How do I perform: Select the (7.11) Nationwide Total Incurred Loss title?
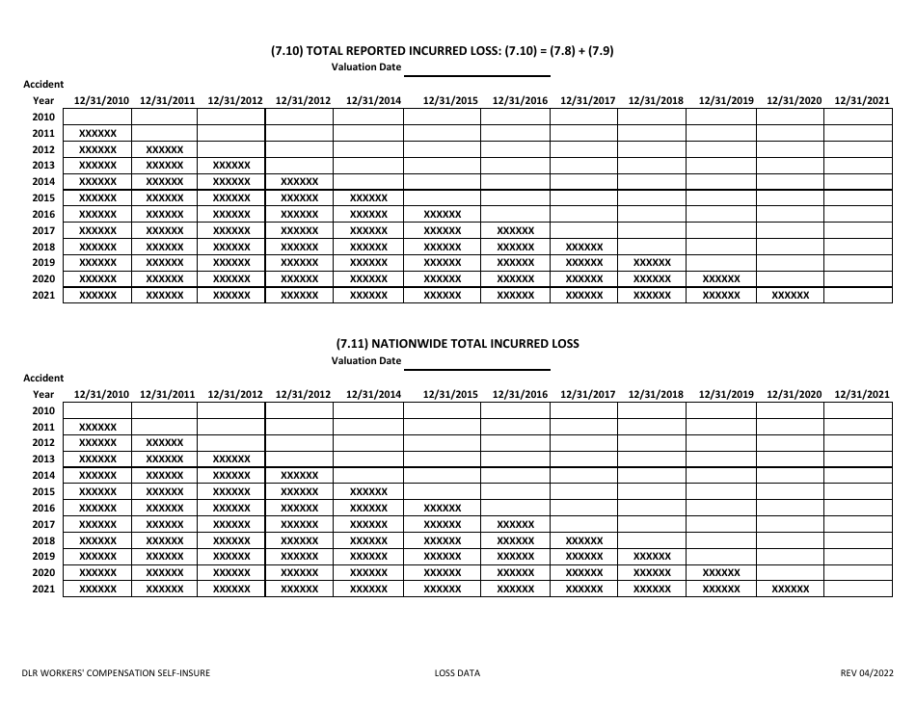coord(457,344)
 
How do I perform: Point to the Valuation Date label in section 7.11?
coord(366,361)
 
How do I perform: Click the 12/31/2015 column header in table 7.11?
coord(450,394)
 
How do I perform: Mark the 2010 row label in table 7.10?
coord(43,117)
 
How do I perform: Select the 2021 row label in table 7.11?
coord(43,589)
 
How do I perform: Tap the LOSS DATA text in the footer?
coord(457,673)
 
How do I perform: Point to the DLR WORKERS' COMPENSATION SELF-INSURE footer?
coord(117,673)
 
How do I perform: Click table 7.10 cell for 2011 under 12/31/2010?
coord(97,133)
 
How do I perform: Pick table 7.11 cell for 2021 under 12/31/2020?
coord(791,589)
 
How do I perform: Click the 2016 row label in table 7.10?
coord(43,214)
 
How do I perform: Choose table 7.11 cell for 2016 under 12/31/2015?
coord(443,508)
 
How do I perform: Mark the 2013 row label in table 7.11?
coord(43,459)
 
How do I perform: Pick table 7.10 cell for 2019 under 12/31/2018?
coord(652,262)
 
